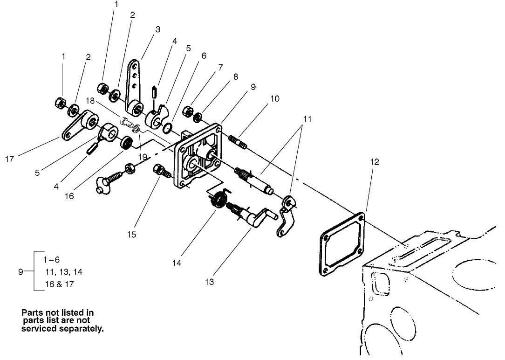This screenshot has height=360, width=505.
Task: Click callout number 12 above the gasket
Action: pos(375,162)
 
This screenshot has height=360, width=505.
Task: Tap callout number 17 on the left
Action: pos(9,159)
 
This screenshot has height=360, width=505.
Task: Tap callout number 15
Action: pos(132,235)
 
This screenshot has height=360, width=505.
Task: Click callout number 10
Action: pos(275,99)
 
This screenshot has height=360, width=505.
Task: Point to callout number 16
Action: pos(69,196)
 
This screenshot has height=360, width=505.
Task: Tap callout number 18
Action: pos(90,101)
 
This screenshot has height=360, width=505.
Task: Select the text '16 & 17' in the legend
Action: pos(59,284)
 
